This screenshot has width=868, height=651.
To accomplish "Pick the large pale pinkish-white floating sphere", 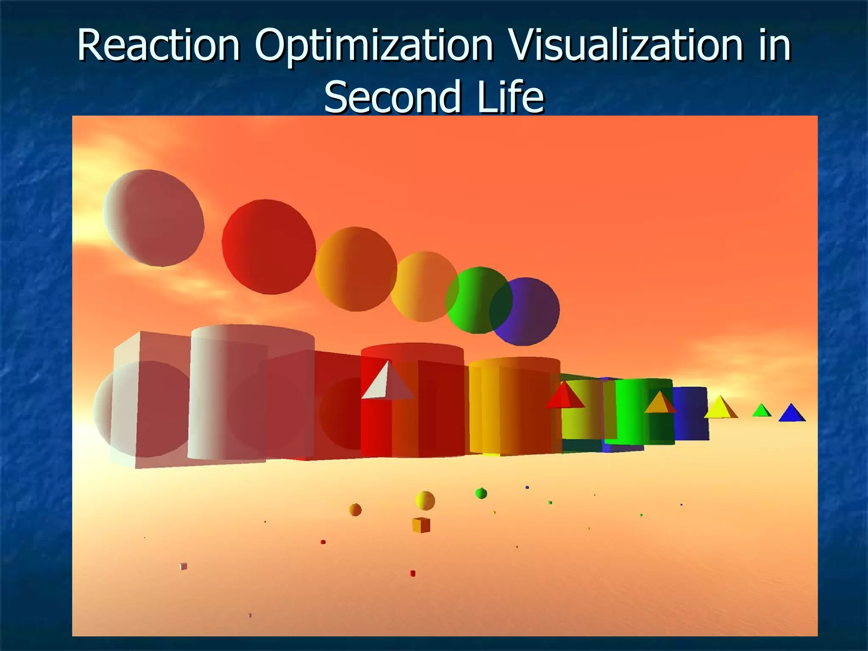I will point(153,218).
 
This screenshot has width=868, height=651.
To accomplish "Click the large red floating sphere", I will point(269,247).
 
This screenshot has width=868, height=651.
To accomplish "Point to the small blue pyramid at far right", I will point(791,413).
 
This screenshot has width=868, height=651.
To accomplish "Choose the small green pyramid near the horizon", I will point(761,410).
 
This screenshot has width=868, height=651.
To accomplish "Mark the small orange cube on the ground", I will point(421,525).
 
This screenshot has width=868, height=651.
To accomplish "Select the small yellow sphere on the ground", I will point(425,501).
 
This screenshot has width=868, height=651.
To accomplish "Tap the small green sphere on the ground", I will point(481,493).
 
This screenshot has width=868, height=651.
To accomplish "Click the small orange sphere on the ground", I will point(355,509).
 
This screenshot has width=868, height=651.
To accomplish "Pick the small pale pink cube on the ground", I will point(184,566).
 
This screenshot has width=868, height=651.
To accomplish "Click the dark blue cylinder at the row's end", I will point(691,413).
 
